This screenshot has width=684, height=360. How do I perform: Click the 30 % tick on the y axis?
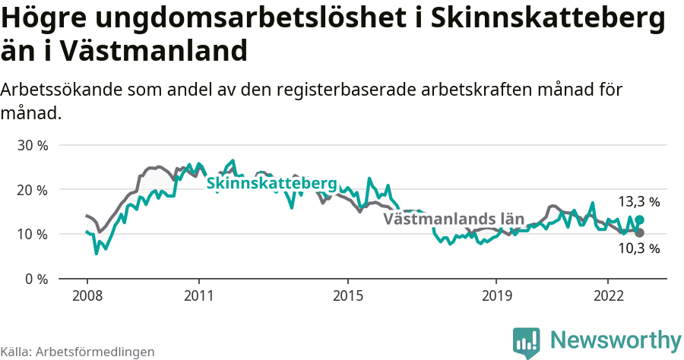coord(33,145)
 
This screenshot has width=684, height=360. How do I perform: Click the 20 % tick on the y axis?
coord(33,189)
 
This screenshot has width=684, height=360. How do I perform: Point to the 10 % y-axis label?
coord(33,234)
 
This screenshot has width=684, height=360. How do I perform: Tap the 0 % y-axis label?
coord(36,279)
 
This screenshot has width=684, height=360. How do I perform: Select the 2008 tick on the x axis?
coord(87,295)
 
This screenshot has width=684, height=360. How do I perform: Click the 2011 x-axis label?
coord(198,295)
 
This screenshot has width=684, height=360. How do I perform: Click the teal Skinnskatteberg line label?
coord(271,184)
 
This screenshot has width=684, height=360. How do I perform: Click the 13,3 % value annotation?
coord(638,202)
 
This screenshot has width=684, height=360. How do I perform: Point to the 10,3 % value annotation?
coord(638,248)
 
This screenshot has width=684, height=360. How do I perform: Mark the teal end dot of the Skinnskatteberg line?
coord(640,219)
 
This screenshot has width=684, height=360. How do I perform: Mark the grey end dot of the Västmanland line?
coord(640,233)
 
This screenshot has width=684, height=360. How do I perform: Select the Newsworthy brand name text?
coord(616,339)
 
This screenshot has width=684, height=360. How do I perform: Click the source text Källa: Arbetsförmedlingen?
coord(78,352)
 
